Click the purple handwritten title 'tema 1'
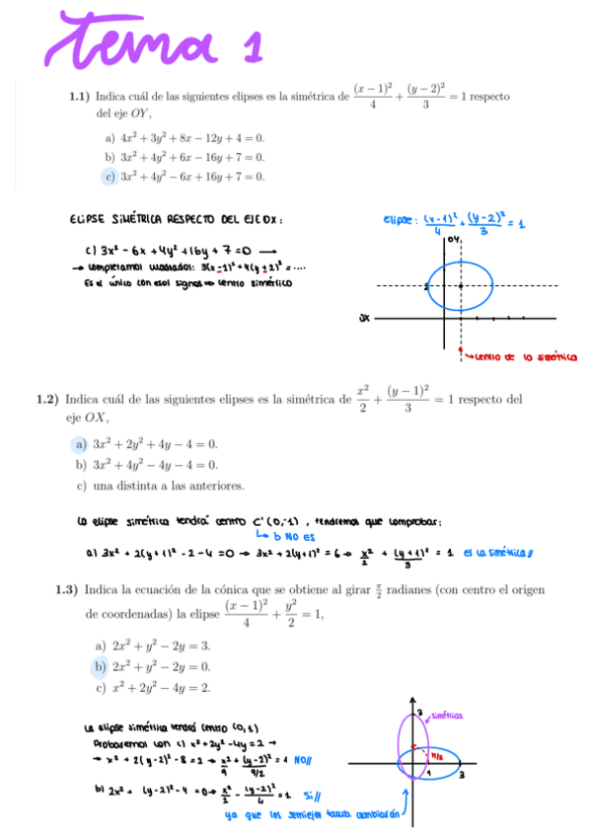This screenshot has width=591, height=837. (x=138, y=43)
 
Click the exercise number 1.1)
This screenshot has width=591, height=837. (x=79, y=97)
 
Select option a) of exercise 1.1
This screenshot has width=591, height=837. (x=110, y=138)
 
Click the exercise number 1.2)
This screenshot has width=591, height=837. (x=46, y=400)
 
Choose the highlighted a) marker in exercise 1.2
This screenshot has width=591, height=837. (x=81, y=445)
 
